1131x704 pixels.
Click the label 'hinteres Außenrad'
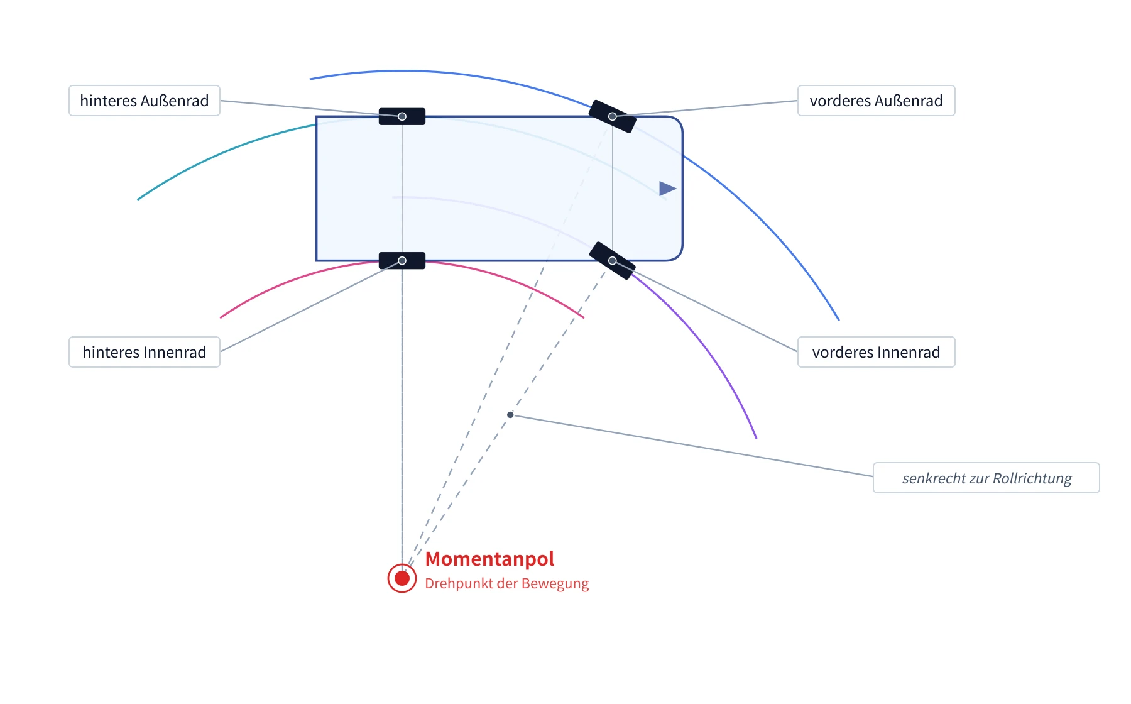(145, 101)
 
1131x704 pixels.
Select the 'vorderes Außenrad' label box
(877, 101)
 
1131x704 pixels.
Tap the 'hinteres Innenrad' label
(145, 352)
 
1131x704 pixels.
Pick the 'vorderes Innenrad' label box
(877, 352)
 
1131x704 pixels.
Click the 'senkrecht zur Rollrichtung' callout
(986, 478)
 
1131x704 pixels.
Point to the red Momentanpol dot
(402, 578)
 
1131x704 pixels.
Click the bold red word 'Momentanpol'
(489, 559)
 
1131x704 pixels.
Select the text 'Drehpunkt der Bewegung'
(506, 583)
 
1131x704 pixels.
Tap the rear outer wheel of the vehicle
(402, 116)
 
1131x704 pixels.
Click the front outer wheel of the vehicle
(613, 116)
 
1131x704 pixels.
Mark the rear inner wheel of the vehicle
(402, 261)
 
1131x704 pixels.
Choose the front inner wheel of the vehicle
(613, 261)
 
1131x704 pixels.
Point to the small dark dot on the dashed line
(510, 415)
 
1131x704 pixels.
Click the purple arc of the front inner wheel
(706, 340)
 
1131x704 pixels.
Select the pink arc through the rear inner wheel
(402, 261)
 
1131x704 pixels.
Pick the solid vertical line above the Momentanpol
(402, 415)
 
